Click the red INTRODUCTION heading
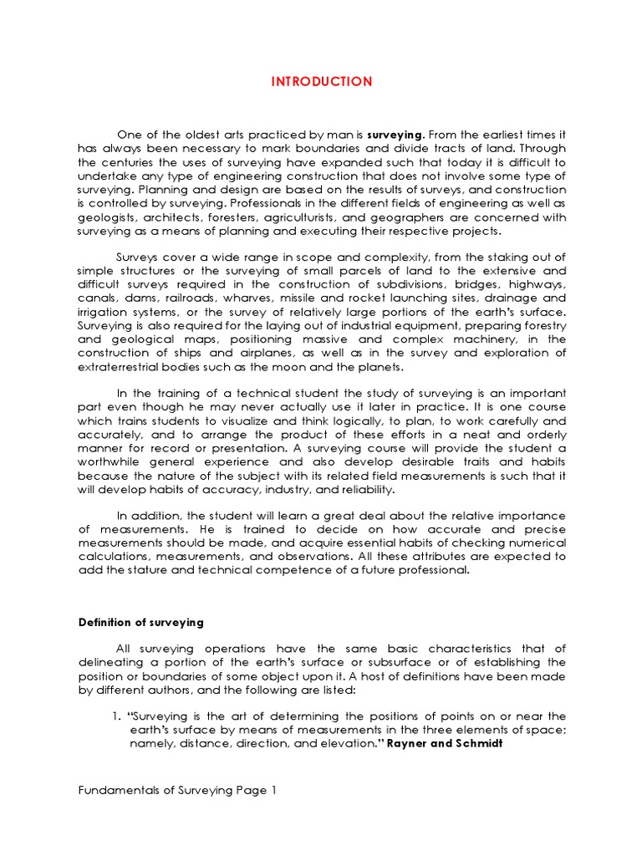tap(321, 81)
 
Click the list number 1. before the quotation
tap(117, 716)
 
